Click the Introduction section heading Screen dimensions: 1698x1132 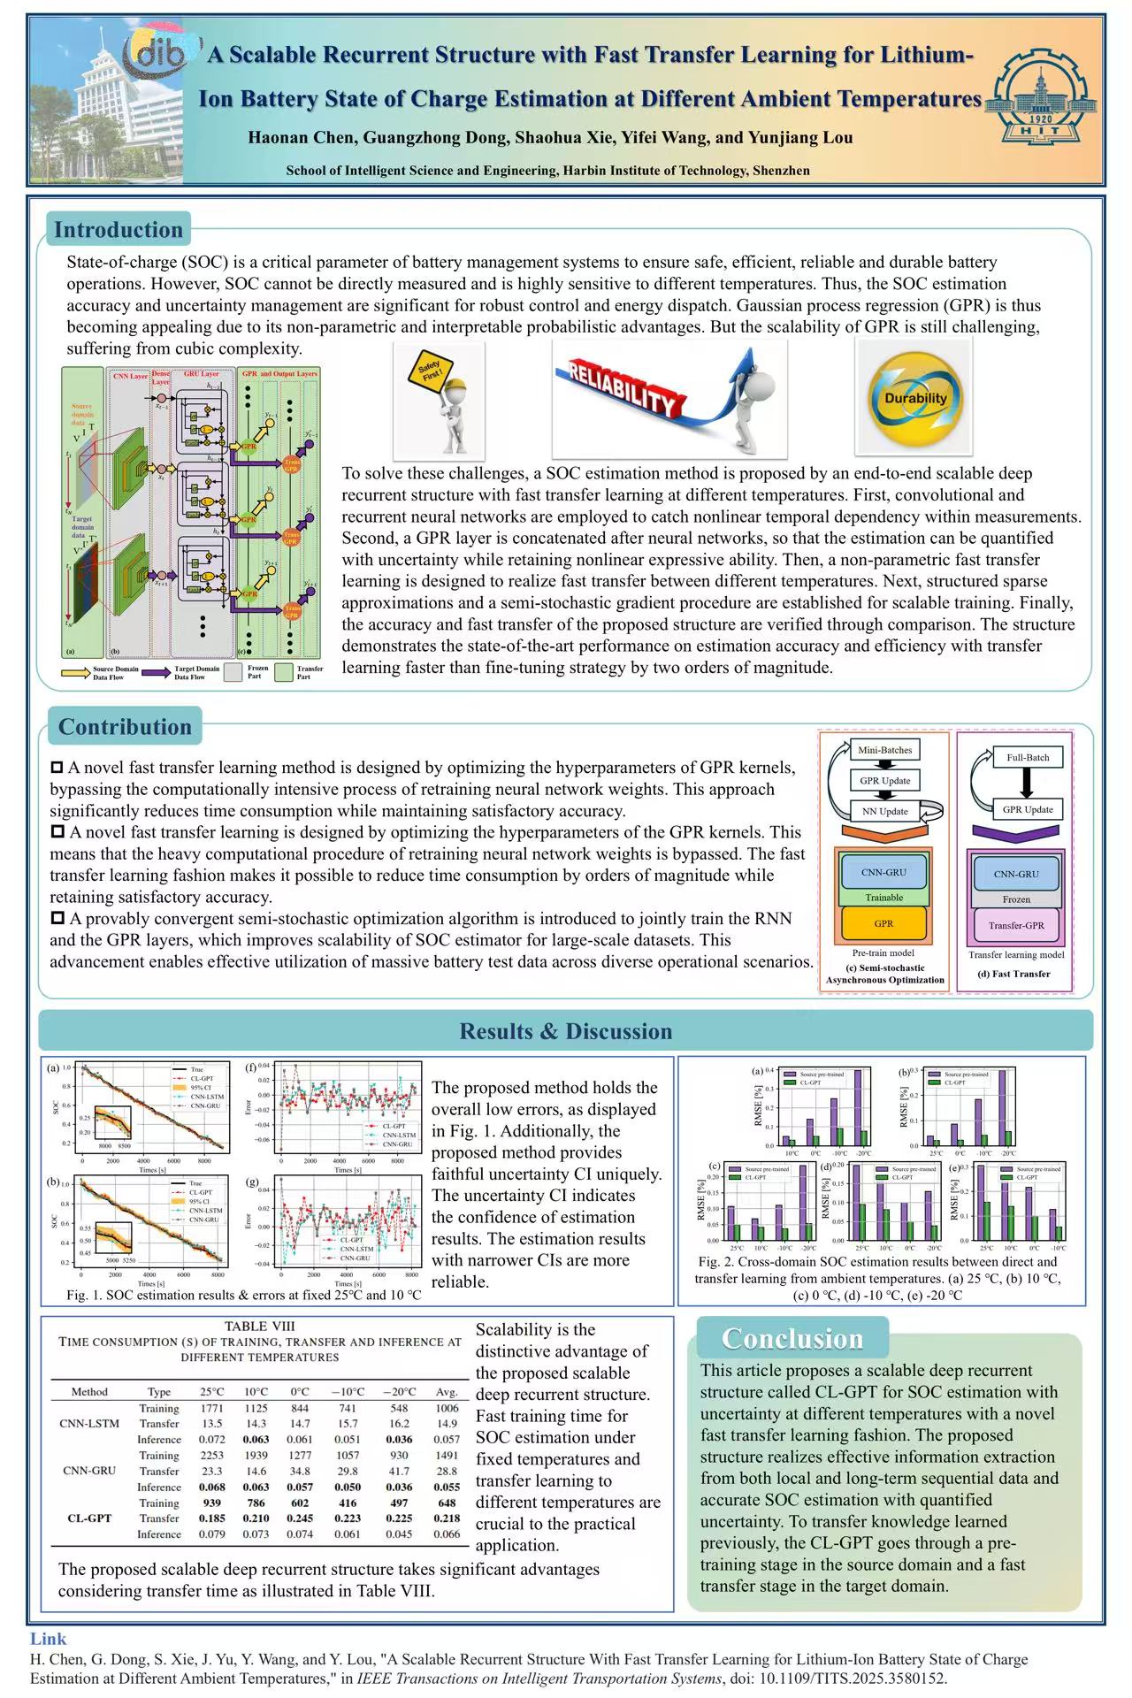click(x=119, y=230)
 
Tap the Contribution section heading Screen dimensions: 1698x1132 click(x=125, y=727)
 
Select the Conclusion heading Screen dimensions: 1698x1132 click(x=792, y=1338)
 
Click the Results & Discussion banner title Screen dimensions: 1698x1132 click(x=565, y=1031)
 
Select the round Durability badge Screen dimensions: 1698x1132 click(x=915, y=397)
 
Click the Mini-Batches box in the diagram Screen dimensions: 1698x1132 click(x=884, y=750)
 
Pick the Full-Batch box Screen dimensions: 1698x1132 click(x=1028, y=757)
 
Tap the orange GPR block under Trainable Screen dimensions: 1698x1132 click(x=883, y=923)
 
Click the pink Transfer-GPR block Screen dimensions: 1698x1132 click(x=1016, y=925)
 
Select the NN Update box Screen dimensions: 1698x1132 click(x=884, y=811)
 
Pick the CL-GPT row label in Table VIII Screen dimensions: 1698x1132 click(x=89, y=1518)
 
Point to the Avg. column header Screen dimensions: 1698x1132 click(x=447, y=1391)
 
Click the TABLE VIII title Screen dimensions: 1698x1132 click(x=259, y=1326)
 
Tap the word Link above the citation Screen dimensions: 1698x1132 click(x=48, y=1639)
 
